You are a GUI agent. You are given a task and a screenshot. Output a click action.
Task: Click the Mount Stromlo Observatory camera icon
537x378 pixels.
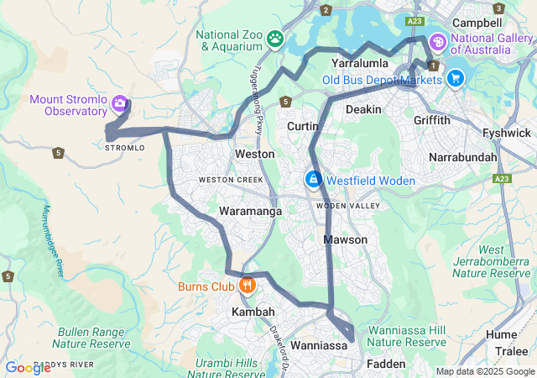pyautogui.click(x=120, y=103)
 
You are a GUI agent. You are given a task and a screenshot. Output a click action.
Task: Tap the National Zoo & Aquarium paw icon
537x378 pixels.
pyautogui.click(x=275, y=38)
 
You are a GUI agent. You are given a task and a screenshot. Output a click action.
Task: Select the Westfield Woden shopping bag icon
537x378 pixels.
pyautogui.click(x=312, y=180)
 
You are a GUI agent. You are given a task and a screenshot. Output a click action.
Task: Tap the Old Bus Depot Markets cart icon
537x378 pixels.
pyautogui.click(x=456, y=79)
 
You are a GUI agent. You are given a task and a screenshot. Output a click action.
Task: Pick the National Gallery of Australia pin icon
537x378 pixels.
pyautogui.click(x=437, y=41)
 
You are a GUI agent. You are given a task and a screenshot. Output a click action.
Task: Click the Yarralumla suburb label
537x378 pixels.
pyautogui.click(x=359, y=63)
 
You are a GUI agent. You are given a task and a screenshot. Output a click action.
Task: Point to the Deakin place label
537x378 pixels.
pyautogui.click(x=363, y=109)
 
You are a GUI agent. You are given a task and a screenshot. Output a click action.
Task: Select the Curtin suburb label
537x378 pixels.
pyautogui.click(x=302, y=126)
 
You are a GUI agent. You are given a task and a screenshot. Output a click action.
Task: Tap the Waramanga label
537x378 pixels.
pyautogui.click(x=250, y=212)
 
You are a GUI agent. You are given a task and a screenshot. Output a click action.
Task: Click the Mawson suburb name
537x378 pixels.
pyautogui.click(x=346, y=240)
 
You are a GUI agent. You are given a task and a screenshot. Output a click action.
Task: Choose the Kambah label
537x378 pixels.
pyautogui.click(x=253, y=312)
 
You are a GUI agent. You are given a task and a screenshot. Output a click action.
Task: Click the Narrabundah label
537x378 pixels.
pyautogui.click(x=462, y=157)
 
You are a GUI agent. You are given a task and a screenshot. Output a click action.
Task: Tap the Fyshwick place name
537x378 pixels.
pyautogui.click(x=506, y=133)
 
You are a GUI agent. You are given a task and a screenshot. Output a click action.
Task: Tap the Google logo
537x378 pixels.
pyautogui.click(x=28, y=367)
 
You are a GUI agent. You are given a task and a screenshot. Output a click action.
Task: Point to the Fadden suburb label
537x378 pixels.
pyautogui.click(x=385, y=364)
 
